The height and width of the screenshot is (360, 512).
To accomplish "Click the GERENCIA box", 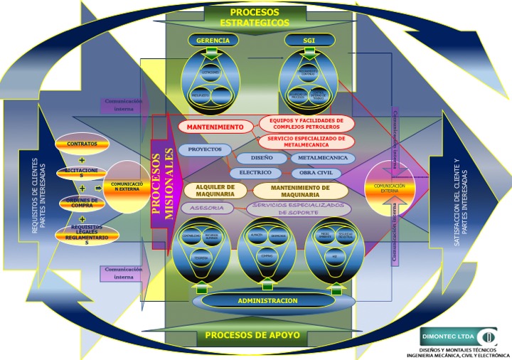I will (x=213, y=41).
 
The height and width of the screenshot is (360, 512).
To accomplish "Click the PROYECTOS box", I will (x=205, y=150).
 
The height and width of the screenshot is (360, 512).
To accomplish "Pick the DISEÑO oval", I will (x=261, y=158).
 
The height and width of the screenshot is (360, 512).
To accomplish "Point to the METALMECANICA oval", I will (x=323, y=158).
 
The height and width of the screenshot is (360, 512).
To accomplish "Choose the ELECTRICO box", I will (x=255, y=172).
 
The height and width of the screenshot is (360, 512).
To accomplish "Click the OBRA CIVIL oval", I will (x=316, y=173).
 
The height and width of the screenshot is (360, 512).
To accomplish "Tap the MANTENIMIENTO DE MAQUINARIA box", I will (x=300, y=191).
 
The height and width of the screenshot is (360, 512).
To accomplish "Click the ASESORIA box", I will (x=207, y=208).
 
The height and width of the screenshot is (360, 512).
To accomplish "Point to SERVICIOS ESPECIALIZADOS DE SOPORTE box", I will (x=299, y=208).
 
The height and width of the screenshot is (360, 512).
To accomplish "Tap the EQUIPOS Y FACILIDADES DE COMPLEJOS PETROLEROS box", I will (x=306, y=123).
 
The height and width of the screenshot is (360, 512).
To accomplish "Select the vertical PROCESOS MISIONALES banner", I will (x=163, y=181).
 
